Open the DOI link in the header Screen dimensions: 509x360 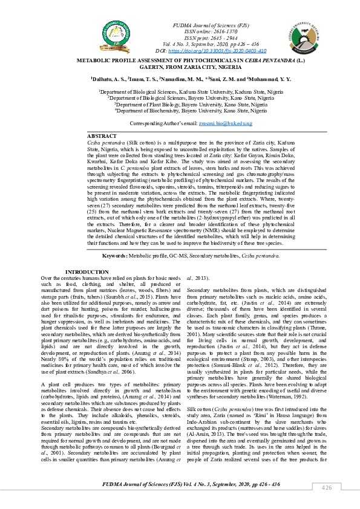pyautogui.click(x=208, y=52)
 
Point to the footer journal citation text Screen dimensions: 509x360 pyautogui.click(x=180, y=484)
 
